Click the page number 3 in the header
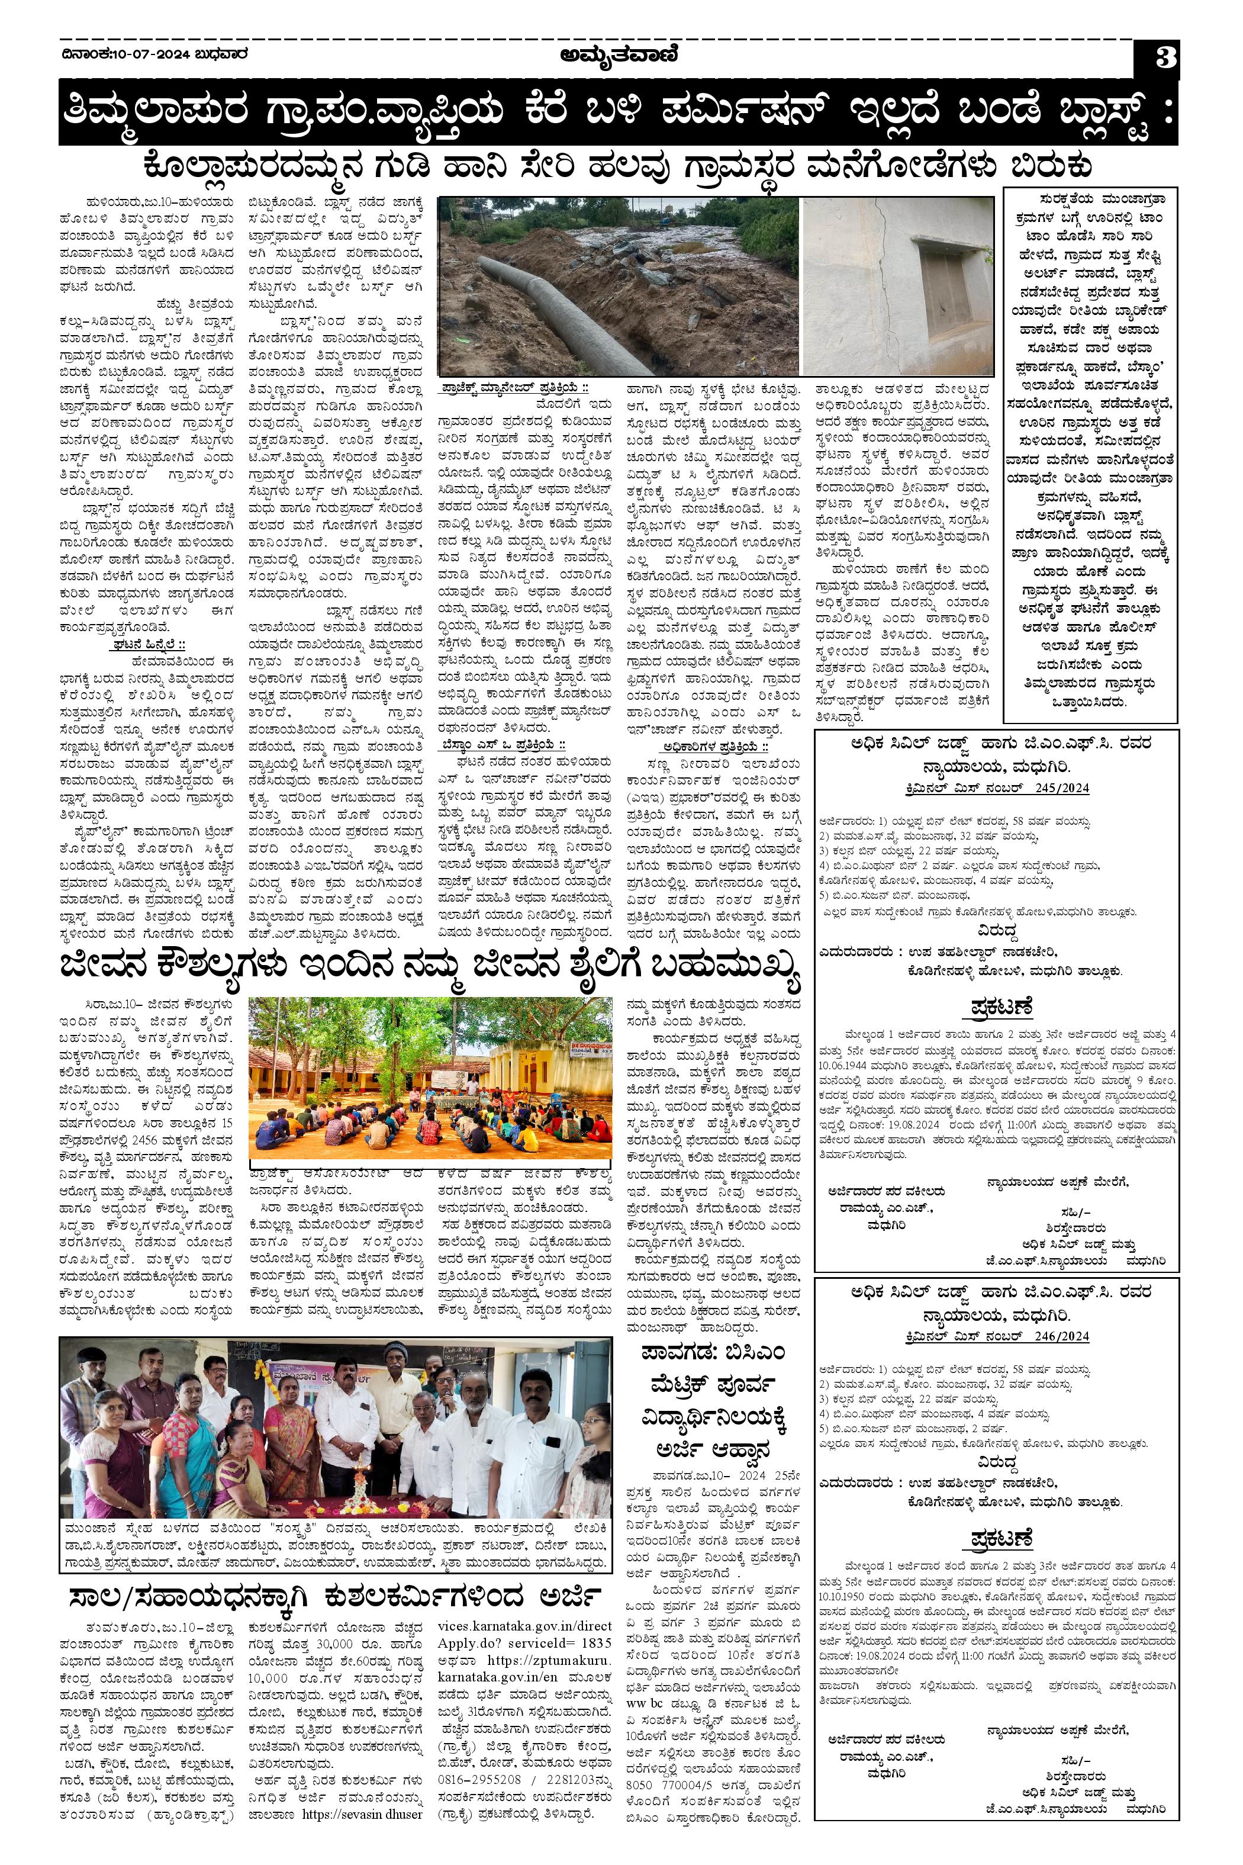tap(1164, 59)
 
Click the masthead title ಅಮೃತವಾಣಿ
tap(619, 56)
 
